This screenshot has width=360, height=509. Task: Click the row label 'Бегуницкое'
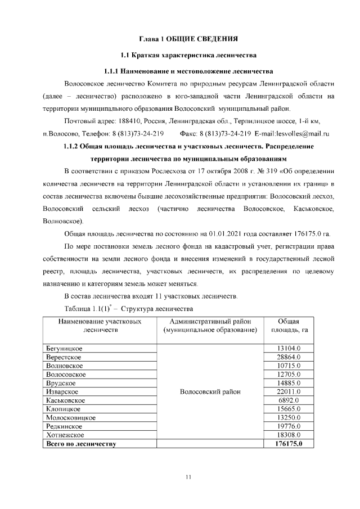click(64, 349)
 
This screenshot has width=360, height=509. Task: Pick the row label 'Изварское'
click(62, 391)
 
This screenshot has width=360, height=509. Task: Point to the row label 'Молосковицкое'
click(70, 417)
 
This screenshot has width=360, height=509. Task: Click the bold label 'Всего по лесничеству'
click(80, 444)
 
